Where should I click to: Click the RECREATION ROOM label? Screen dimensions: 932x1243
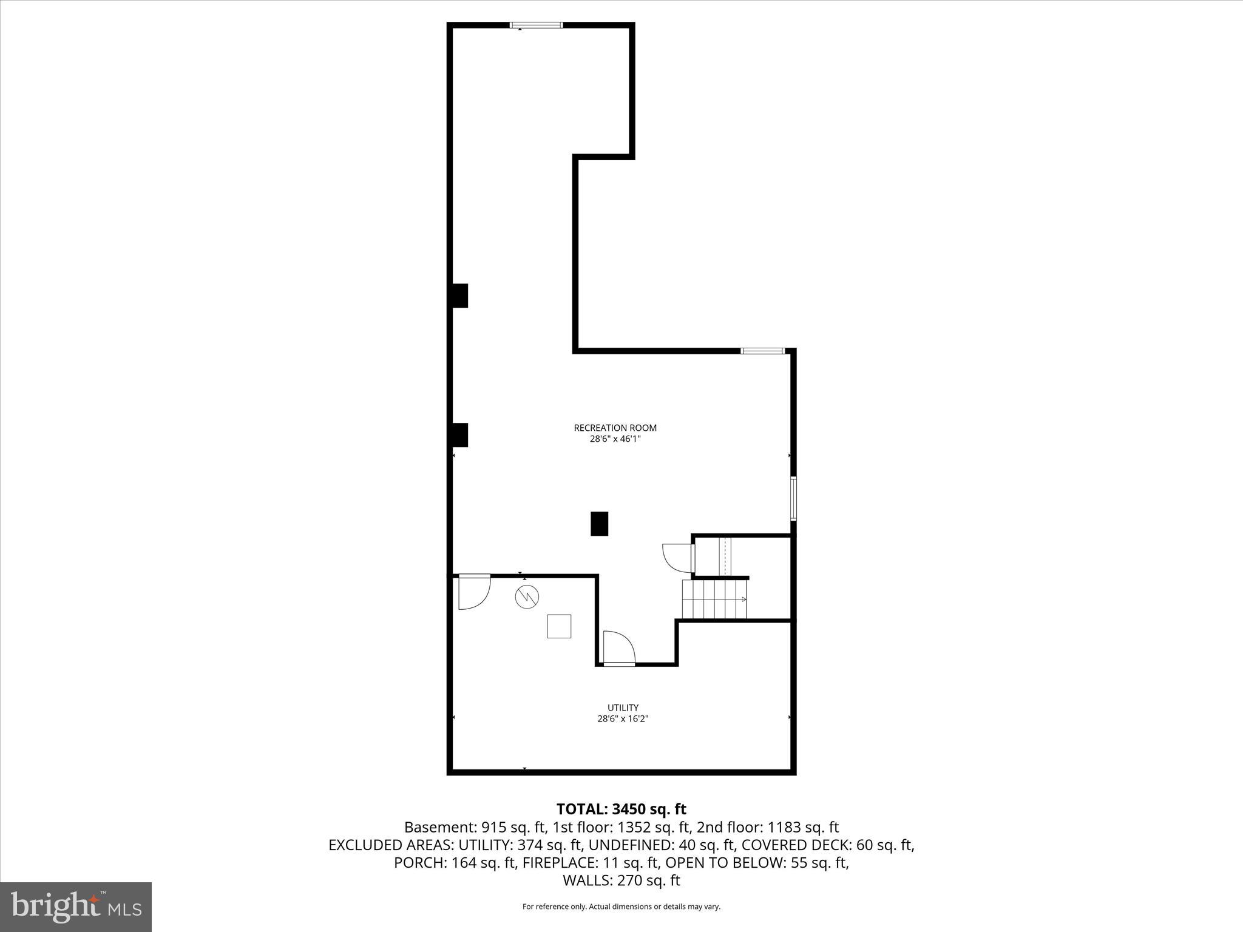click(x=615, y=428)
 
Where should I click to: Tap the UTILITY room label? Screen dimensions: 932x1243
click(x=623, y=707)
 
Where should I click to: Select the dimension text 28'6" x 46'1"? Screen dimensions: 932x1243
click(x=615, y=439)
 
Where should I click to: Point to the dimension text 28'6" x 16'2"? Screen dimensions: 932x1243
click(x=623, y=718)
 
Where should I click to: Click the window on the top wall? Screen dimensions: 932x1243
click(x=536, y=25)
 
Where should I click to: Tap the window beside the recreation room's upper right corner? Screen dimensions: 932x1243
click(x=763, y=351)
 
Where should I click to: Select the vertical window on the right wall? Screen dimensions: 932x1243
click(x=793, y=498)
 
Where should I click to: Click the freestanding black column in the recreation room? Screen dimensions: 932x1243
click(x=599, y=524)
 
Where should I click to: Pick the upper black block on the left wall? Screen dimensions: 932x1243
click(x=459, y=295)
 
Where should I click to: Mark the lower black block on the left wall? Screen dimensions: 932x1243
click(x=459, y=435)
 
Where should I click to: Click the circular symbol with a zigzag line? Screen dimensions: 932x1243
click(x=527, y=597)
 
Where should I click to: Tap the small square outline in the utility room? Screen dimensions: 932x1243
click(x=559, y=626)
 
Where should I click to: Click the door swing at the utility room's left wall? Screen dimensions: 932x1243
click(x=473, y=591)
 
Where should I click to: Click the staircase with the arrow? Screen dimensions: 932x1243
click(x=715, y=599)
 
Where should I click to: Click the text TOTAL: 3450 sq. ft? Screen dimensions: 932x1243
click(x=621, y=809)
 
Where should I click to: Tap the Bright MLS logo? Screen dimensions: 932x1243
click(x=76, y=907)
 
